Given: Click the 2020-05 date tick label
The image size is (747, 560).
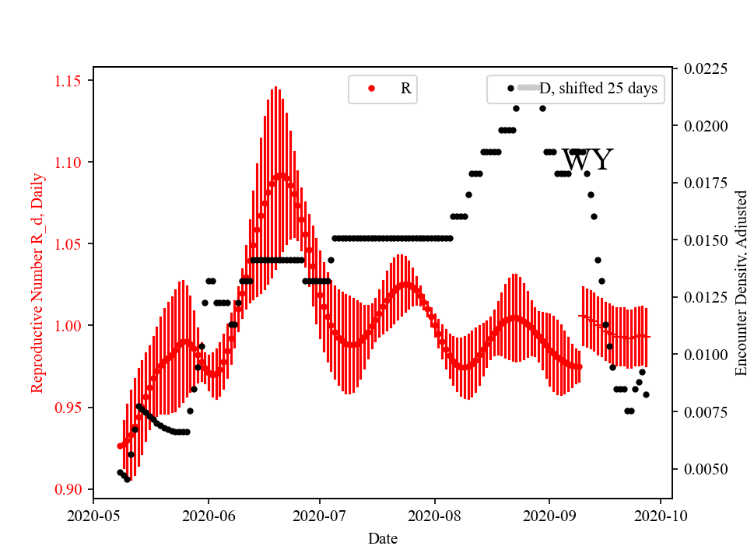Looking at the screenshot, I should pyautogui.click(x=93, y=515).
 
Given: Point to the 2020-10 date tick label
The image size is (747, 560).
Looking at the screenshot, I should pyautogui.click(x=661, y=515).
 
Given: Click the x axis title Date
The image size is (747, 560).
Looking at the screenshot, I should pyautogui.click(x=382, y=537).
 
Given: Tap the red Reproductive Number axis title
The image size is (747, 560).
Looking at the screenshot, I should pyautogui.click(x=37, y=283).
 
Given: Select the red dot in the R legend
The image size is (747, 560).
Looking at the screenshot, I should pyautogui.click(x=371, y=89).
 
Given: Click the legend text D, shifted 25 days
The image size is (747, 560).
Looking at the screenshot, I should pyautogui.click(x=598, y=89).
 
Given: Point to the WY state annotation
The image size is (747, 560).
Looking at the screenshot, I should pyautogui.click(x=587, y=161).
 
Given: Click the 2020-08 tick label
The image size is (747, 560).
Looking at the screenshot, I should pyautogui.click(x=434, y=515).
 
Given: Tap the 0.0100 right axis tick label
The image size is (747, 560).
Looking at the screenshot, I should pyautogui.click(x=706, y=355).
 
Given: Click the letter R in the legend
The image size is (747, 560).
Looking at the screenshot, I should pyautogui.click(x=405, y=89).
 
